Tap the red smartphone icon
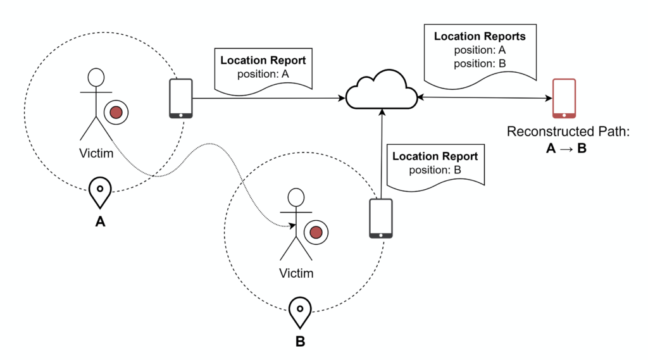click(564, 98)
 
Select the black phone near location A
click(180, 98)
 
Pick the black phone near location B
click(381, 218)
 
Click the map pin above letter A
click(100, 192)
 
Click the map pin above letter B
click(300, 312)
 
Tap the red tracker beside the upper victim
click(116, 112)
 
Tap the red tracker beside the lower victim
click(316, 233)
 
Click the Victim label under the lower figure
click(296, 273)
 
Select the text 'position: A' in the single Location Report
click(263, 75)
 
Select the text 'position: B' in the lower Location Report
click(435, 170)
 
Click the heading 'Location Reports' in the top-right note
click(480, 36)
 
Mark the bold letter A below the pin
click(100, 222)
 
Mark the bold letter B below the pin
click(300, 342)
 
